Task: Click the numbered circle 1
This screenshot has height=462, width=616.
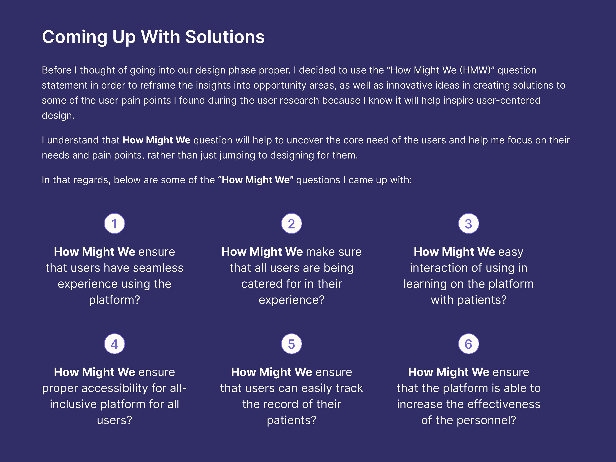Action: pyautogui.click(x=114, y=224)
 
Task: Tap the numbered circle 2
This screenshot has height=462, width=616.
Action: pyautogui.click(x=292, y=224)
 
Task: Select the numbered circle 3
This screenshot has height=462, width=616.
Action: pyautogui.click(x=469, y=224)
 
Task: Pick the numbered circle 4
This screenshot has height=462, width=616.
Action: pyautogui.click(x=114, y=344)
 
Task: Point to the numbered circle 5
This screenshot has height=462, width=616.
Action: pyautogui.click(x=292, y=344)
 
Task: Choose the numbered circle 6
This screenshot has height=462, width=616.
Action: pyautogui.click(x=469, y=344)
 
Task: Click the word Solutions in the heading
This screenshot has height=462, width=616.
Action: pyautogui.click(x=225, y=37)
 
